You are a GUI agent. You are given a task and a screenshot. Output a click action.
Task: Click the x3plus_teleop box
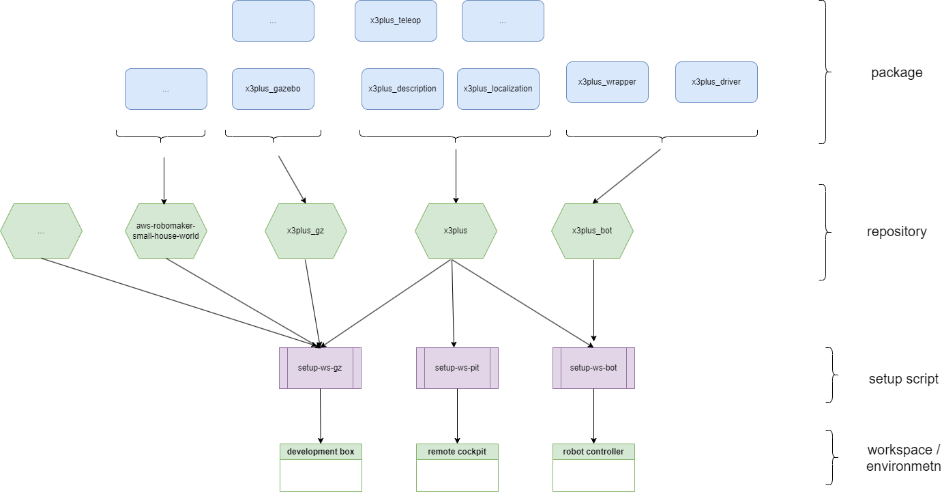point(396,20)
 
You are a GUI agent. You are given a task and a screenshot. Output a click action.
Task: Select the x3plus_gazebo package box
point(273,89)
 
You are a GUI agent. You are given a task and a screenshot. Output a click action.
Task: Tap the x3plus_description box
point(402,89)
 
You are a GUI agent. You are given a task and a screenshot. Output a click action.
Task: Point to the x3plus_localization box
point(498,89)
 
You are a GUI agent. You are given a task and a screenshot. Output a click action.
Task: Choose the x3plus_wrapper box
point(607,82)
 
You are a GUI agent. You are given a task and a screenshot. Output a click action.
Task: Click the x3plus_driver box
point(716,82)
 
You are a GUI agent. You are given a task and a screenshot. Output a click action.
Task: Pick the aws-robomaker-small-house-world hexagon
point(166,231)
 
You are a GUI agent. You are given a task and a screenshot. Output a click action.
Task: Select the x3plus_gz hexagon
point(306,231)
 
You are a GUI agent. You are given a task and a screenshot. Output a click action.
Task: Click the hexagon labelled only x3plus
point(456,231)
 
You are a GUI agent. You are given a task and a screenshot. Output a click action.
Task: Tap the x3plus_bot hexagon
point(592,231)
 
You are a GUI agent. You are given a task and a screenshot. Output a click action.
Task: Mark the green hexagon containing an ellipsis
point(41,231)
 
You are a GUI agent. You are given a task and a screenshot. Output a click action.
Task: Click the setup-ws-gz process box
point(320,368)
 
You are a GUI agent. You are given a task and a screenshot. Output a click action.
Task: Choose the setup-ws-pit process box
point(457,368)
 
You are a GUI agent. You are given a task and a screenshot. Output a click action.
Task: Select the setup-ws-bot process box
point(593,368)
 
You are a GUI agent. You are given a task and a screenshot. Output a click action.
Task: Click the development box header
point(321,452)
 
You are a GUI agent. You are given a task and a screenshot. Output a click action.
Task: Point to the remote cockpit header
point(457,452)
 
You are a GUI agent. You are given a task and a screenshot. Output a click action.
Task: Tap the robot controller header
point(593,452)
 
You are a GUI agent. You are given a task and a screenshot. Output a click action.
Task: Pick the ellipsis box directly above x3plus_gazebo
point(273,20)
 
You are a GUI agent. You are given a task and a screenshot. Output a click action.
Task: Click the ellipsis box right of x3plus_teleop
point(503,20)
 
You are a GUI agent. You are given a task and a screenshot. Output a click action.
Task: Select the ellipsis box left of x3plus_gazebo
point(166,89)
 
